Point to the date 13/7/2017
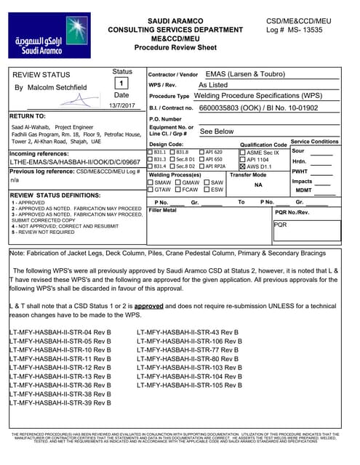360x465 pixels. (121, 106)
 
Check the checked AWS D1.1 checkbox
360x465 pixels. (243, 166)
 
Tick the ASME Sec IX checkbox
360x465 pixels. (243, 152)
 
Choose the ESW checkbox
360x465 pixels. (206, 190)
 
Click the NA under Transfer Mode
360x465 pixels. (257, 185)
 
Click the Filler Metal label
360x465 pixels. (163, 210)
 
